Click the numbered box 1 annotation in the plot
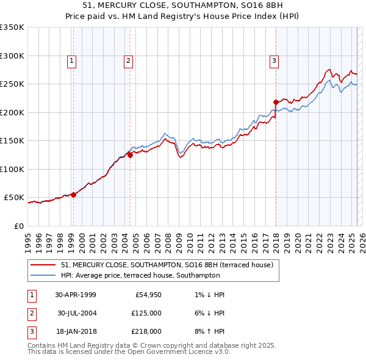[x=72, y=60]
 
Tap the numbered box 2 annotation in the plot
[x=129, y=60]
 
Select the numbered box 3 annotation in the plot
[x=274, y=60]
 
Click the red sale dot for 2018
[x=276, y=103]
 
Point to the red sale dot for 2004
[x=130, y=155]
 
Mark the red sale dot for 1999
[x=73, y=195]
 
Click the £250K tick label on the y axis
[x=12, y=84]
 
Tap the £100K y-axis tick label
[x=12, y=169]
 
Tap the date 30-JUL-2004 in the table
[x=77, y=313]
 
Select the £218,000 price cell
[x=147, y=331]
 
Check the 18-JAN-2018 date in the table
[x=77, y=331]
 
